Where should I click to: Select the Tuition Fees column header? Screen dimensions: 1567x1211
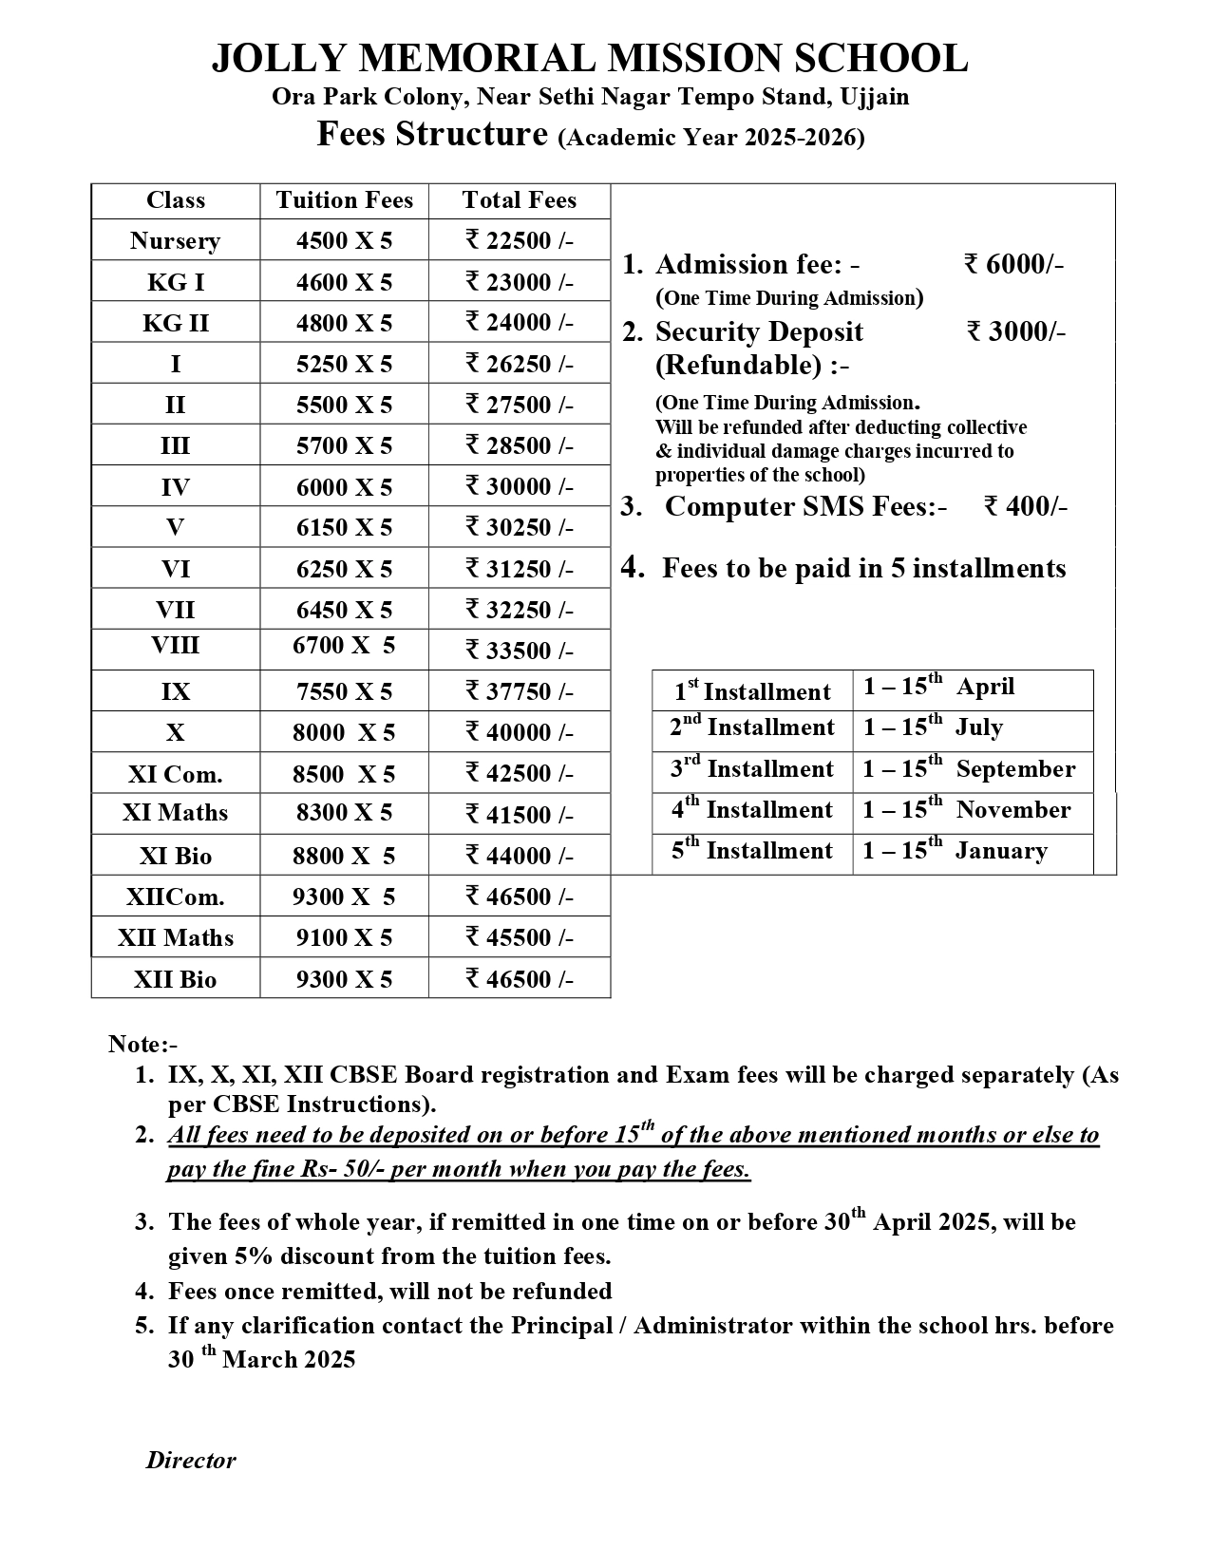tap(344, 200)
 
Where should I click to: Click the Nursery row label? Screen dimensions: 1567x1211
tap(175, 241)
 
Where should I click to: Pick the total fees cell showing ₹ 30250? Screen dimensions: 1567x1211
tap(519, 528)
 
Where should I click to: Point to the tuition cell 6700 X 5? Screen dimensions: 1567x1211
tap(344, 646)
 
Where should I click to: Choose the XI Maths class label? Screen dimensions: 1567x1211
tap(175, 813)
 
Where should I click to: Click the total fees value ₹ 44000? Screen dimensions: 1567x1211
tap(519, 857)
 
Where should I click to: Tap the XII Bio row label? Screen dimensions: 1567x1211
tap(175, 979)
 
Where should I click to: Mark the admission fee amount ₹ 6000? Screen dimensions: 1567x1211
tap(1012, 264)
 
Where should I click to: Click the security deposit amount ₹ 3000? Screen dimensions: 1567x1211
tap(1014, 331)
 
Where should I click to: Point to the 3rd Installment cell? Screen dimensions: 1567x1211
tap(751, 768)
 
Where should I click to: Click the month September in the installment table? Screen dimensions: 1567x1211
tap(1015, 769)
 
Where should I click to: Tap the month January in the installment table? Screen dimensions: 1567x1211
tap(1001, 851)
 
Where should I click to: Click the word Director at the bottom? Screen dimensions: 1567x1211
tap(191, 1461)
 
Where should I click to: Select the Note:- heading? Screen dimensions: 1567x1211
tap(143, 1045)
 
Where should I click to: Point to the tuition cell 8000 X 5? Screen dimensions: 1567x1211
tap(344, 733)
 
